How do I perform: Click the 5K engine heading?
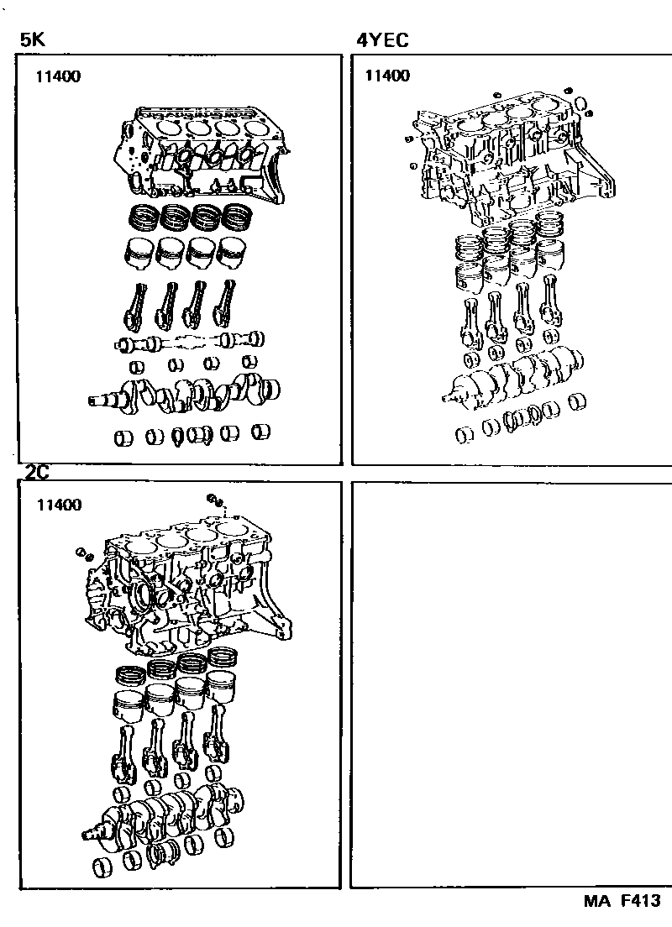33,39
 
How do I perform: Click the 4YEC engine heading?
382,39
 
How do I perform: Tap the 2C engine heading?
37,472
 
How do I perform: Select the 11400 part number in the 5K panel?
58,76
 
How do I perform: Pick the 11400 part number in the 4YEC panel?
387,75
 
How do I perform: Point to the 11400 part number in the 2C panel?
59,505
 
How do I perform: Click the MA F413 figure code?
622,900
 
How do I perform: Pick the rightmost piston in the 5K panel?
233,253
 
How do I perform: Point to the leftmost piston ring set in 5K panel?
143,217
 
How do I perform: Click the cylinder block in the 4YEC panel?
509,160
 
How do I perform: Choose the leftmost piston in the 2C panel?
130,706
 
